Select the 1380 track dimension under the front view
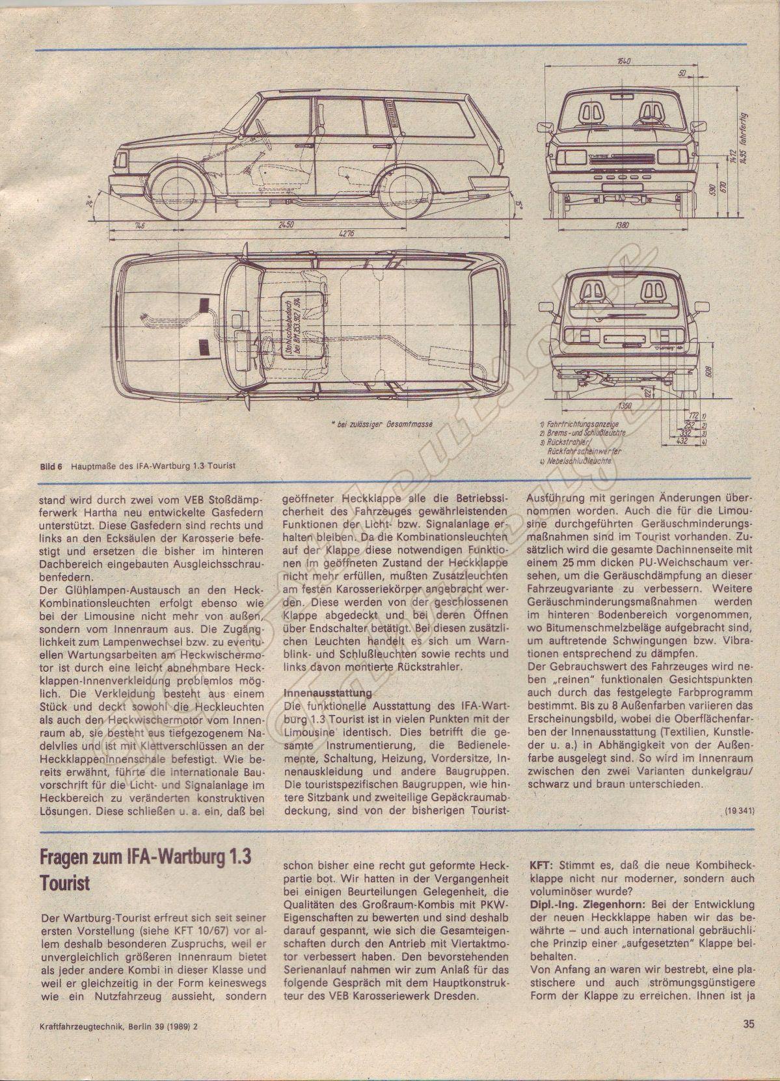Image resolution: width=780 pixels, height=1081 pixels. [621, 226]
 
